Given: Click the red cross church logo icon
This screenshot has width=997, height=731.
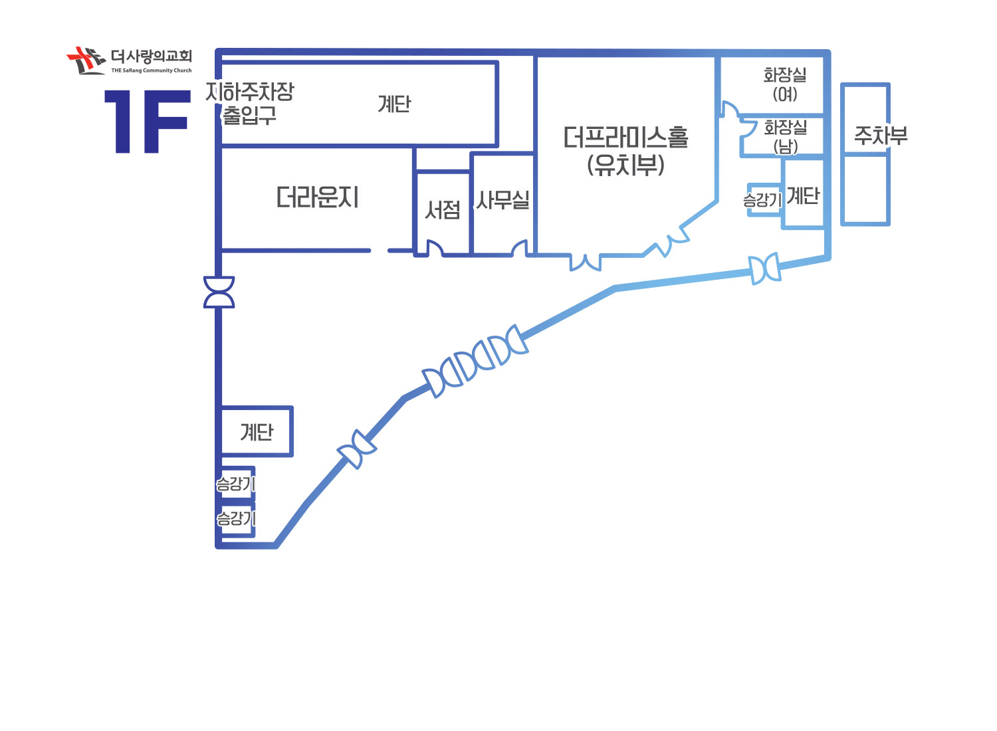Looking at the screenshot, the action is coord(86,60).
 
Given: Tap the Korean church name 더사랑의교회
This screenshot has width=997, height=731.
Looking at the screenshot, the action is coord(152,56).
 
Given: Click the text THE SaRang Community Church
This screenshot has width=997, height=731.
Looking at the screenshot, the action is coord(152,70).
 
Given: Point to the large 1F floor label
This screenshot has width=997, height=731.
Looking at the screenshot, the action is coord(148,122).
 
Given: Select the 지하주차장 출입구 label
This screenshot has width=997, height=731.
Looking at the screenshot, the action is coord(250,103).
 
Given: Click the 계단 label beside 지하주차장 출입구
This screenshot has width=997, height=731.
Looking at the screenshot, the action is coord(394,104).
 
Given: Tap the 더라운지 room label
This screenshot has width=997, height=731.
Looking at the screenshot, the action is coord(317,197).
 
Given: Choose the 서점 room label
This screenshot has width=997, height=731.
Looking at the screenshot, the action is coord(443,210).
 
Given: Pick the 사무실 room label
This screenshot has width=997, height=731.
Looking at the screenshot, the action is coord(502,200).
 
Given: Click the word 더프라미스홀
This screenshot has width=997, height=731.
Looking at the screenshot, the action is coord(626,138).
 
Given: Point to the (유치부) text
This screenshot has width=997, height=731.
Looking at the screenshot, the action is coord(626,165).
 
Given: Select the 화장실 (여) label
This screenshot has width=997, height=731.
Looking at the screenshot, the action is coord(785,84).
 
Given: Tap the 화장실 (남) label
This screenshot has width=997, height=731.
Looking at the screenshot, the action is coord(786,137).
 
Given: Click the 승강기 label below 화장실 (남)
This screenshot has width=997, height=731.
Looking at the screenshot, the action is coord(762,200).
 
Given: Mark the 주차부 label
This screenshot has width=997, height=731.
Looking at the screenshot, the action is coord(881,136).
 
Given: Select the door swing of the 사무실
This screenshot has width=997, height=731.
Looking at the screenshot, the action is coord(520,247).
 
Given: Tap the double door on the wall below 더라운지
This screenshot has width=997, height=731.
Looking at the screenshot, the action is coord(219,292).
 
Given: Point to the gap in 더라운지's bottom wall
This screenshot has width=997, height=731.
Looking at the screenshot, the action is coord(380,251).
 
